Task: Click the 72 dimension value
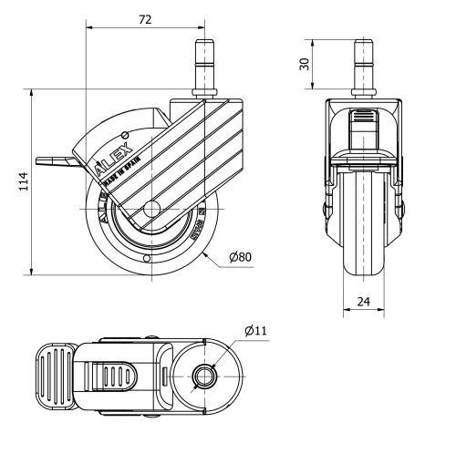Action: tap(145, 18)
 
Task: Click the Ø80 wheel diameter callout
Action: tap(240, 257)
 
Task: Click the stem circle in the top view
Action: tap(202, 375)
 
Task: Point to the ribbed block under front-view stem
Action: tap(364, 119)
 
